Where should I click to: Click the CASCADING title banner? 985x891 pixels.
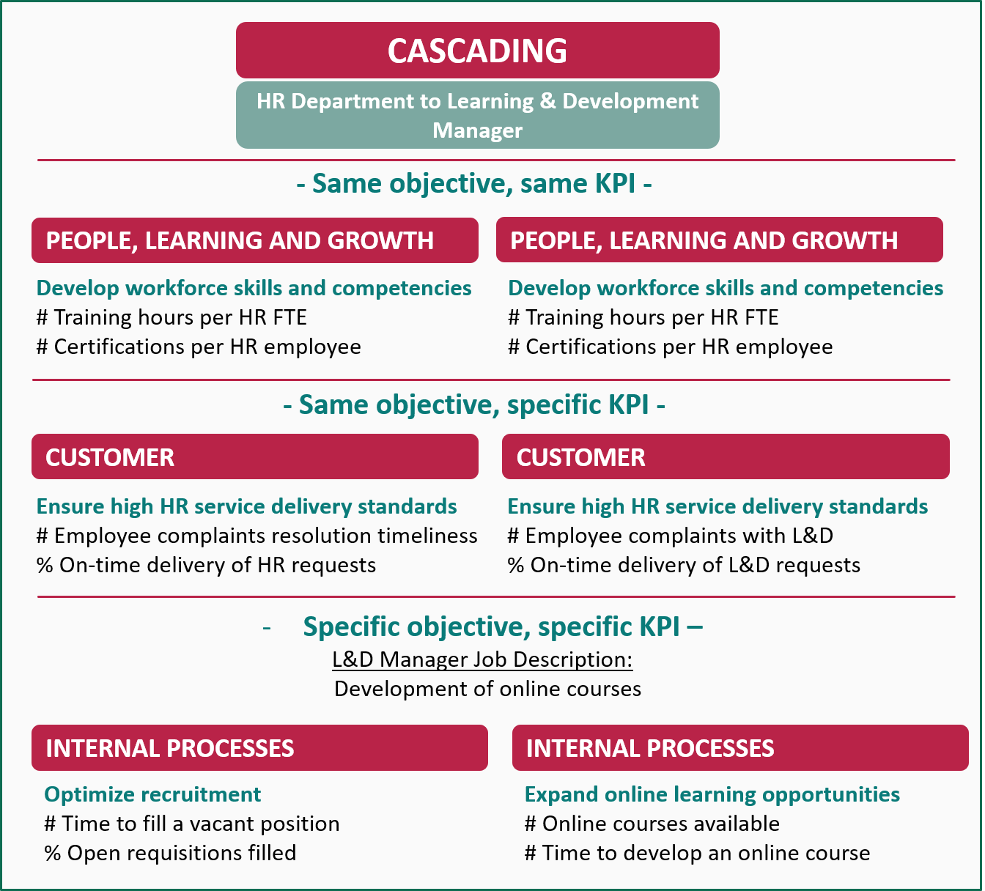(477, 50)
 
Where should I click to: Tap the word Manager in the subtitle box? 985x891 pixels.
(477, 130)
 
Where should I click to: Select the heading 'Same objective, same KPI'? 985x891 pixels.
(474, 184)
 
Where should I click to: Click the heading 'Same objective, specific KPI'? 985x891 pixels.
(474, 405)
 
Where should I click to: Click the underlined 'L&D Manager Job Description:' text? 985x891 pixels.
(482, 659)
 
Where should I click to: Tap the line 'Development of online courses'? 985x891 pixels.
(487, 689)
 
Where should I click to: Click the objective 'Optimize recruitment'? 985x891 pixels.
(152, 795)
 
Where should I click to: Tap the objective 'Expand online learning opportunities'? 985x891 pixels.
(712, 795)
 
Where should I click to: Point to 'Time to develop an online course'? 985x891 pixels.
(706, 853)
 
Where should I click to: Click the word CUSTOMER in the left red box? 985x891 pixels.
(110, 457)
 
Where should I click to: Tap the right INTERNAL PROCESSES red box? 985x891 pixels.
(740, 747)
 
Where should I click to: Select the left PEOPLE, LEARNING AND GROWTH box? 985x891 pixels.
(255, 240)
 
